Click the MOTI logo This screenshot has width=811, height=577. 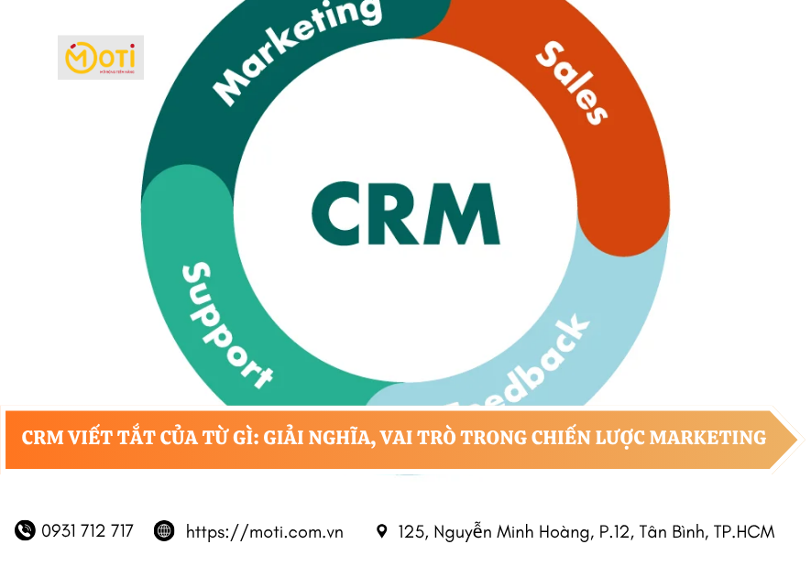tap(101, 58)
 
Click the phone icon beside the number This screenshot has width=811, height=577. tap(25, 530)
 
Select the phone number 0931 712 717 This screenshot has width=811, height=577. tap(87, 531)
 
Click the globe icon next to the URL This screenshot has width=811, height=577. tap(164, 530)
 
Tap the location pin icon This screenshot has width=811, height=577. tap(382, 531)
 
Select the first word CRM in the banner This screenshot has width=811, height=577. tap(42, 438)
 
